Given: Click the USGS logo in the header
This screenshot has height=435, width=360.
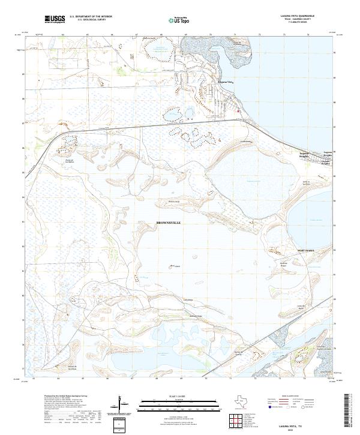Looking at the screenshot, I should [x=55, y=20].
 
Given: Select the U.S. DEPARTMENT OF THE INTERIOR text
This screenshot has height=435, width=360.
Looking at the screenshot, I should [x=91, y=17].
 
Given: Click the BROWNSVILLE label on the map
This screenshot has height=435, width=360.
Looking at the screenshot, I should [x=168, y=223].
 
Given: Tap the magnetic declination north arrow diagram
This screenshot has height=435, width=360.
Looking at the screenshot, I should [x=122, y=406].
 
